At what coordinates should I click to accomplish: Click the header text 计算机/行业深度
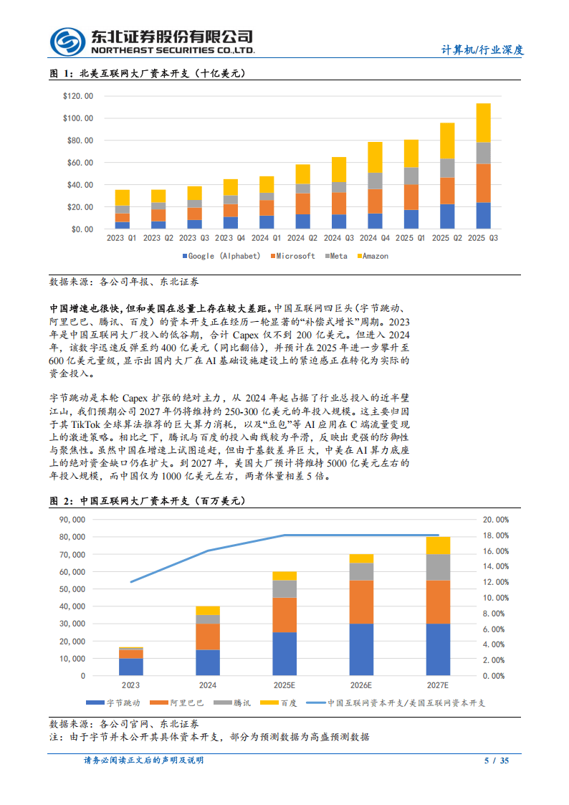click(x=482, y=49)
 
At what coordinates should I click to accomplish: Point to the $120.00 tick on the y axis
click(x=77, y=96)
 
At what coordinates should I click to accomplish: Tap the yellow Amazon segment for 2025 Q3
click(x=484, y=123)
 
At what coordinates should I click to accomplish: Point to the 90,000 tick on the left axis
click(x=71, y=520)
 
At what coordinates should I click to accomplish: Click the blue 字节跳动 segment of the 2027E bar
click(x=439, y=649)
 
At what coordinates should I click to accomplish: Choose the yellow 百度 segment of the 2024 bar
click(x=208, y=610)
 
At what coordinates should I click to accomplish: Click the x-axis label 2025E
click(x=284, y=685)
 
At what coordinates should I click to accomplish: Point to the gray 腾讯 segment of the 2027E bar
click(x=439, y=567)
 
